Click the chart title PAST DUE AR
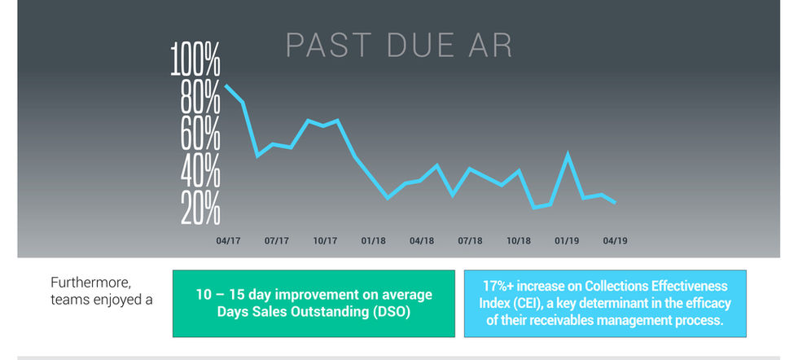[x=398, y=46]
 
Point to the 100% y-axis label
[x=195, y=62]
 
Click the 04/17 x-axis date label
[x=228, y=241]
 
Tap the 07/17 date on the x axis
[x=277, y=241]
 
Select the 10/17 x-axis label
[x=325, y=241]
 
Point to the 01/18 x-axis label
[x=373, y=241]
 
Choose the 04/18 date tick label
[x=421, y=241]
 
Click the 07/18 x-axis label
[x=470, y=241]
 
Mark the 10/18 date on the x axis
[x=519, y=241]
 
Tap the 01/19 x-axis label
[x=567, y=241]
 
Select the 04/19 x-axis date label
[x=615, y=241]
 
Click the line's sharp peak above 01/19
[x=568, y=154]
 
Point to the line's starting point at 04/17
[x=226, y=86]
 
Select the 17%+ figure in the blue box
[x=498, y=287]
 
